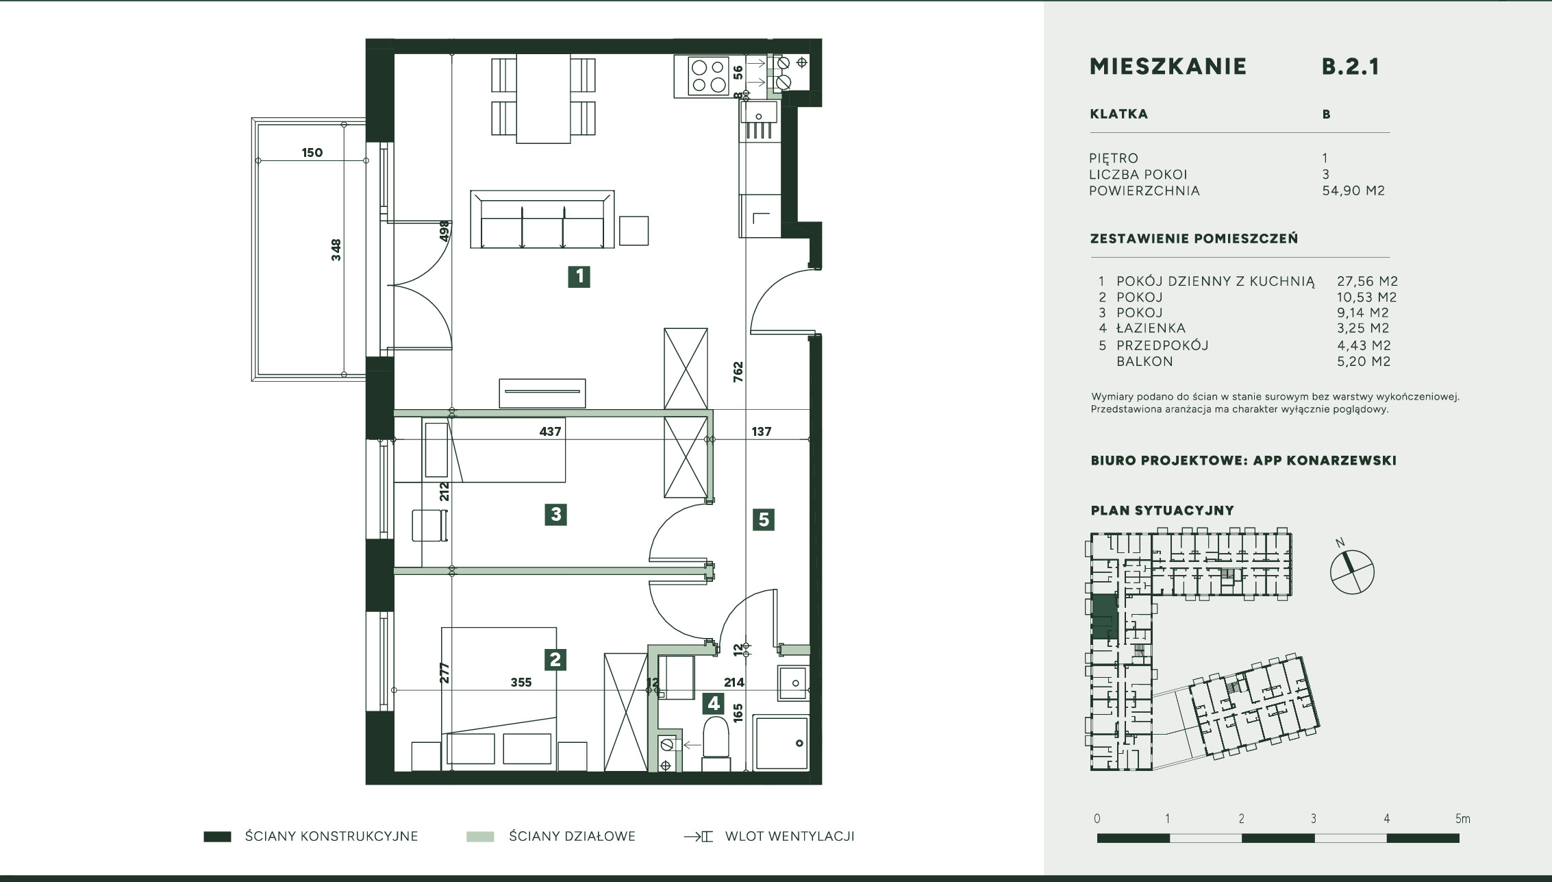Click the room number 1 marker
[x=579, y=276]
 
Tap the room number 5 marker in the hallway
[x=764, y=519]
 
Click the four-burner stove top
[x=708, y=76]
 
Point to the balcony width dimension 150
[x=312, y=153]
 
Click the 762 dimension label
[x=738, y=372]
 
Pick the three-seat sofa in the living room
[x=542, y=219]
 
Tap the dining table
[x=543, y=99]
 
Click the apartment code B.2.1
[x=1350, y=66]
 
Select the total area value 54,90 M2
[x=1353, y=191]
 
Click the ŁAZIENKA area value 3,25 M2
[x=1363, y=328]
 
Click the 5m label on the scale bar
[x=1463, y=819]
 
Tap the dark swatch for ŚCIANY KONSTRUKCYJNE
[x=217, y=837]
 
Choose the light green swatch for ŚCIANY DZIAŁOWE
[x=480, y=837]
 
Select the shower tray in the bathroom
[x=781, y=744]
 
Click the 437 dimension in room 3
[x=551, y=432]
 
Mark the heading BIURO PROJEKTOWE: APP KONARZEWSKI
[x=1244, y=461]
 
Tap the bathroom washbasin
[x=793, y=683]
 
